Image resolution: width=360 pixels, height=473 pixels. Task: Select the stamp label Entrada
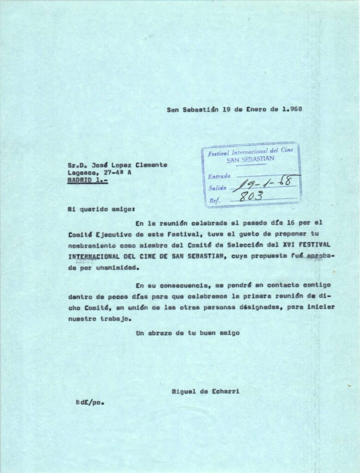(219, 176)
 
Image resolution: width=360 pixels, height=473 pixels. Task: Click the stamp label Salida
(217, 188)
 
